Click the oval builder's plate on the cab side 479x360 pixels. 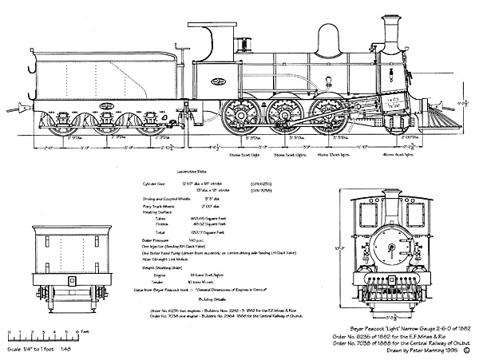click(x=216, y=81)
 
